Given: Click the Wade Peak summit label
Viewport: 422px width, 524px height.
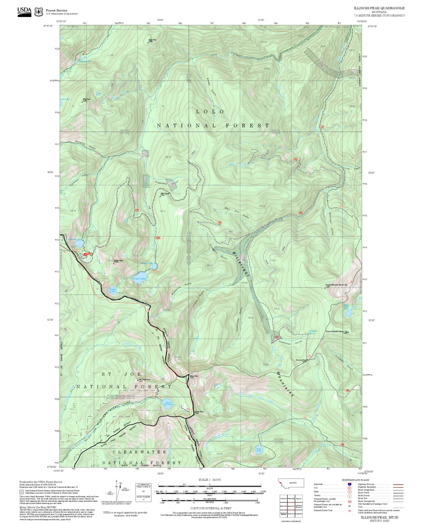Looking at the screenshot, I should pos(152,40).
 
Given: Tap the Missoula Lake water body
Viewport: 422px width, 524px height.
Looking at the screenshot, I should pos(79,243).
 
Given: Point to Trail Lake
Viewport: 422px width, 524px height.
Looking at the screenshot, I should pos(258,450).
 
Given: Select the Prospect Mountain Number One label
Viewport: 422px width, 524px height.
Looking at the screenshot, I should pos(336,285).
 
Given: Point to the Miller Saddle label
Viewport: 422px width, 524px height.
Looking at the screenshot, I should pos(165,194).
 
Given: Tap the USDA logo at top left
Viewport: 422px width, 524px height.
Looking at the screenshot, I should pos(24,12).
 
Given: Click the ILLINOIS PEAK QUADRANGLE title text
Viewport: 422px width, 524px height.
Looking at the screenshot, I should pos(379,8).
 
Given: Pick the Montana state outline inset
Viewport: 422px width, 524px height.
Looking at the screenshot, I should pos(291,483).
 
